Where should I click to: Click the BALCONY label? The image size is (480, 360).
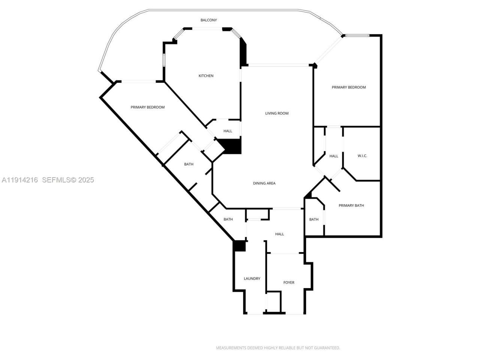(208, 20)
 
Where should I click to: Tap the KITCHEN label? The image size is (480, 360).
(206, 76)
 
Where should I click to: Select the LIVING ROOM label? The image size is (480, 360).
(277, 113)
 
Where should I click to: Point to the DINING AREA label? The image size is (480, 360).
(264, 183)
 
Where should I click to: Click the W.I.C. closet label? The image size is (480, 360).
(362, 156)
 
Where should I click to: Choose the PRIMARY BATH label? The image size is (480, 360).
(351, 205)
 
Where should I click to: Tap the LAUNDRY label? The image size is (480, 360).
(252, 279)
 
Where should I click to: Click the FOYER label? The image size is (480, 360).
(289, 283)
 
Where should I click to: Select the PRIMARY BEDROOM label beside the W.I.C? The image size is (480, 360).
(348, 87)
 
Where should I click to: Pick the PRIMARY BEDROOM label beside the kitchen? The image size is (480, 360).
(147, 107)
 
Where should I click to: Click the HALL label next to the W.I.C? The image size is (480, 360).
(334, 156)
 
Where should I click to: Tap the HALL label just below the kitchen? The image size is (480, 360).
(228, 131)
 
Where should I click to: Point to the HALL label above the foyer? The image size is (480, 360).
(279, 234)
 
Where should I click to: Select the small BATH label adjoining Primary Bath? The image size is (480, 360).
(314, 219)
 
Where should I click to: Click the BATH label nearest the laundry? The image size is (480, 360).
(228, 219)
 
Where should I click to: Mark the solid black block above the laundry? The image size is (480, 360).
(239, 246)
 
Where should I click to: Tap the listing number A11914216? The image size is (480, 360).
(20, 180)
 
